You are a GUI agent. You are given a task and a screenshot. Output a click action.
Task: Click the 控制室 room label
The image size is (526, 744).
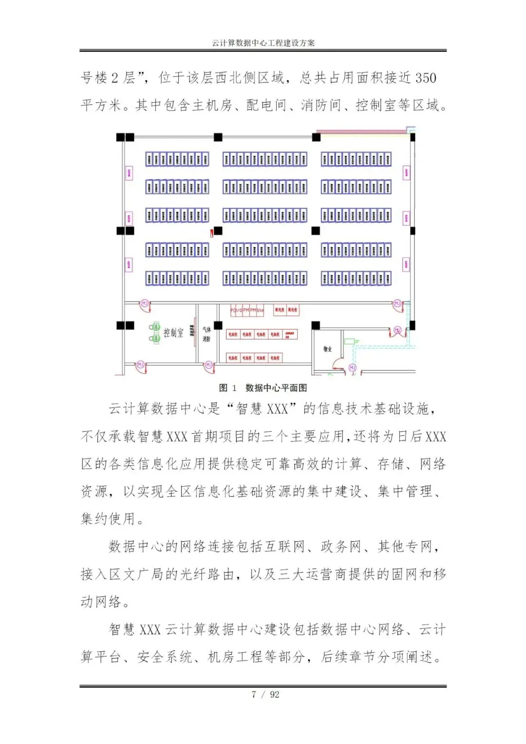[173, 333]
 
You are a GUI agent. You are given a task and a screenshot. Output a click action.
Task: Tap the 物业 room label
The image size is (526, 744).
[327, 349]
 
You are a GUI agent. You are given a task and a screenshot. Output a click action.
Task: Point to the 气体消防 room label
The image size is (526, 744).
[206, 334]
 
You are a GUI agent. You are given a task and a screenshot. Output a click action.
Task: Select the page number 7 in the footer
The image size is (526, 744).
[254, 694]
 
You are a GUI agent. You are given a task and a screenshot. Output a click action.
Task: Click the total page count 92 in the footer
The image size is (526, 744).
[275, 694]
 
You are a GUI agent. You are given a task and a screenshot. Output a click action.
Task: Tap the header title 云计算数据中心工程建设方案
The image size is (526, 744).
[263, 43]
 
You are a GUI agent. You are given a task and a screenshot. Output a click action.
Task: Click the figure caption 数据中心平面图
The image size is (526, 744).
[276, 388]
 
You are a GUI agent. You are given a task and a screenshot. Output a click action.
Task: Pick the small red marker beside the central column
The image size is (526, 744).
[211, 233]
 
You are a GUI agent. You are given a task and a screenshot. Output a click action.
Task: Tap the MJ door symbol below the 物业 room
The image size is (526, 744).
[352, 367]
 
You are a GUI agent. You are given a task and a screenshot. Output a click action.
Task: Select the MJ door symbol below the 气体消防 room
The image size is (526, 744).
[208, 364]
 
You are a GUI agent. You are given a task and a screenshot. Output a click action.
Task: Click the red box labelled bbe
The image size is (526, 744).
[260, 310]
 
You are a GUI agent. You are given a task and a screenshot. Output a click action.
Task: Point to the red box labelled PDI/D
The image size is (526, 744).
[236, 310]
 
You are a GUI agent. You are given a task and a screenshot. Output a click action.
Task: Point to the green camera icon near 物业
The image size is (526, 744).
[350, 341]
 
